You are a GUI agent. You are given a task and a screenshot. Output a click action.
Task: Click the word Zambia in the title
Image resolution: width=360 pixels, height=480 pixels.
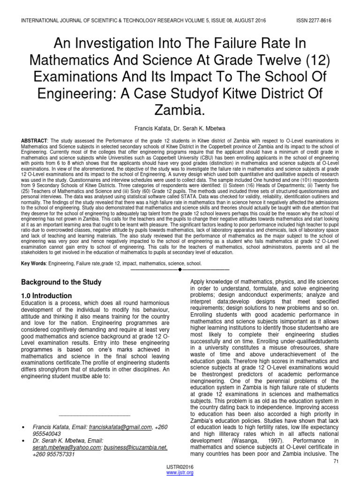tap(180, 111)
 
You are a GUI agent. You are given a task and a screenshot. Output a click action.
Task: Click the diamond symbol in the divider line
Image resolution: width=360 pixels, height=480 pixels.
tap(180, 270)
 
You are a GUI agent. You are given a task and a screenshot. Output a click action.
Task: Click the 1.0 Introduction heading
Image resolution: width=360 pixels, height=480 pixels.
tap(47, 296)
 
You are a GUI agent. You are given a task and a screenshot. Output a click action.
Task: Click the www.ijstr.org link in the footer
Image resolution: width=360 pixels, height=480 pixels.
tap(180, 473)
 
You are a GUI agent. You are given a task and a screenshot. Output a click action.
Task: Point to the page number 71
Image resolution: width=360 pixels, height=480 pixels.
tap(335, 462)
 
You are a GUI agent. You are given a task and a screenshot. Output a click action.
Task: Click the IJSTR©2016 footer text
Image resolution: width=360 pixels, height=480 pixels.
tap(180, 467)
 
